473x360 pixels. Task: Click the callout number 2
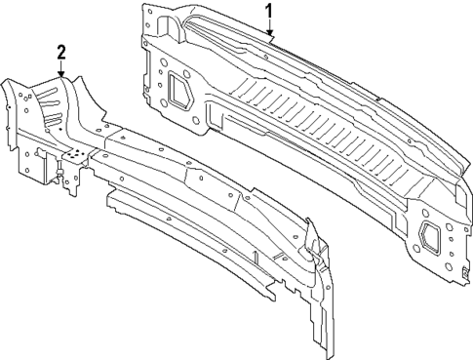coord(60,52)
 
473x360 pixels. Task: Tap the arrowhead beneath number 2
coord(60,74)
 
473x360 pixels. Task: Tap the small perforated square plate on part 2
coord(74,153)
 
